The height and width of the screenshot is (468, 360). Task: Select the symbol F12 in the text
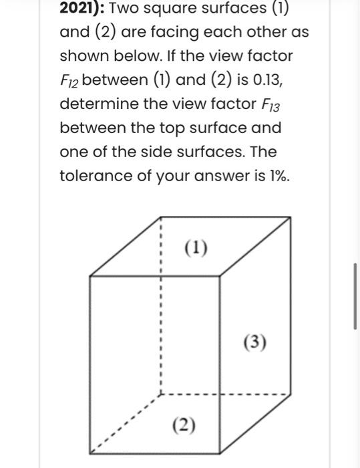point(69,82)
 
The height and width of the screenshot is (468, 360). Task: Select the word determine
point(101,104)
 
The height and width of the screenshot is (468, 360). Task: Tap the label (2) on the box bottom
point(184,425)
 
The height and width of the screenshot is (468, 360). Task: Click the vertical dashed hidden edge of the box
point(160,314)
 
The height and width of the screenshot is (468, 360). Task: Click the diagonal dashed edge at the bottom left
point(124,421)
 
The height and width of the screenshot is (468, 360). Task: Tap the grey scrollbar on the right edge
point(355,295)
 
